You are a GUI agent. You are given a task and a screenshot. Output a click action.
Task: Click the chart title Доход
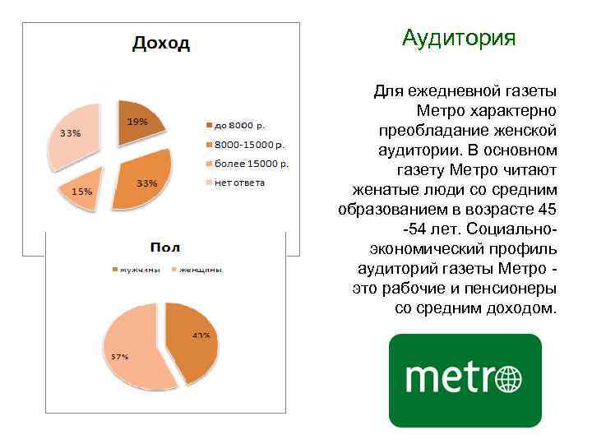coord(161,44)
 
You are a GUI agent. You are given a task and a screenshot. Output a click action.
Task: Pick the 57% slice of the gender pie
coord(132,349)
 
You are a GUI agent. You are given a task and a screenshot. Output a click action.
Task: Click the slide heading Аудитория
coord(459,38)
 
